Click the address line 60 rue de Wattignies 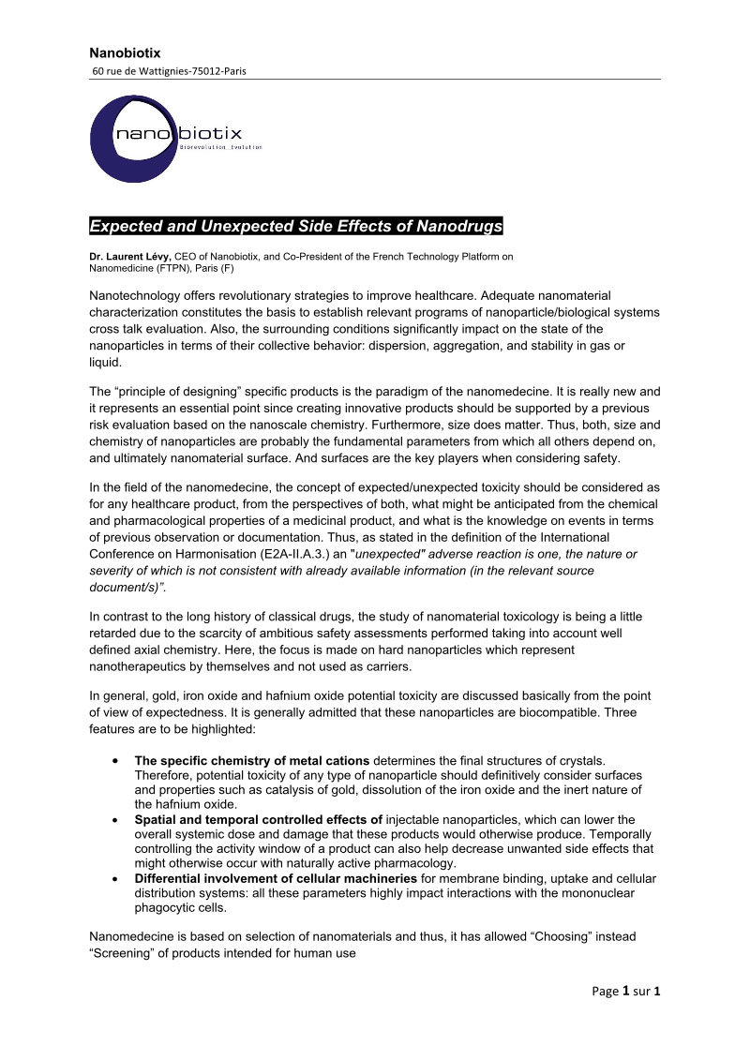[x=169, y=71]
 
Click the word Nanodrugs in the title [x=457, y=226]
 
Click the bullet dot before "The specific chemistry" [x=114, y=760]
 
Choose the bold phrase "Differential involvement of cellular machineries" [x=276, y=878]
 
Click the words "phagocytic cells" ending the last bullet [x=181, y=907]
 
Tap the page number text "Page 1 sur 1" [x=627, y=991]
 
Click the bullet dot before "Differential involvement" [x=114, y=879]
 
